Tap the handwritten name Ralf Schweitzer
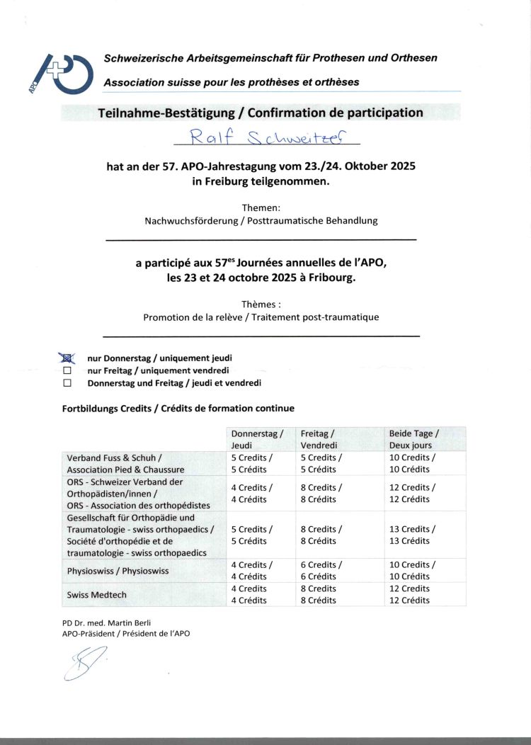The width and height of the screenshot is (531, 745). point(261,135)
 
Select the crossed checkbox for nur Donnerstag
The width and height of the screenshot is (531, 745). point(68,358)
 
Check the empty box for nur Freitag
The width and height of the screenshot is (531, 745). point(67,370)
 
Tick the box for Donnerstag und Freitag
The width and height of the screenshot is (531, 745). point(67,383)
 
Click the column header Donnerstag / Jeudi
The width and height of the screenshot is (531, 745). point(256,439)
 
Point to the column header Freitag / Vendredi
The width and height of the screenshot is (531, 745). point(318,439)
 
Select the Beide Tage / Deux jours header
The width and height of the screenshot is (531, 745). point(413,439)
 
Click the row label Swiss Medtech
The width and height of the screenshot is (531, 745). point(97,595)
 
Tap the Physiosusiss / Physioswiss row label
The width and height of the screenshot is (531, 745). point(118,571)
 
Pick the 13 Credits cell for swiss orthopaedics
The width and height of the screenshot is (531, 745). point(412,535)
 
